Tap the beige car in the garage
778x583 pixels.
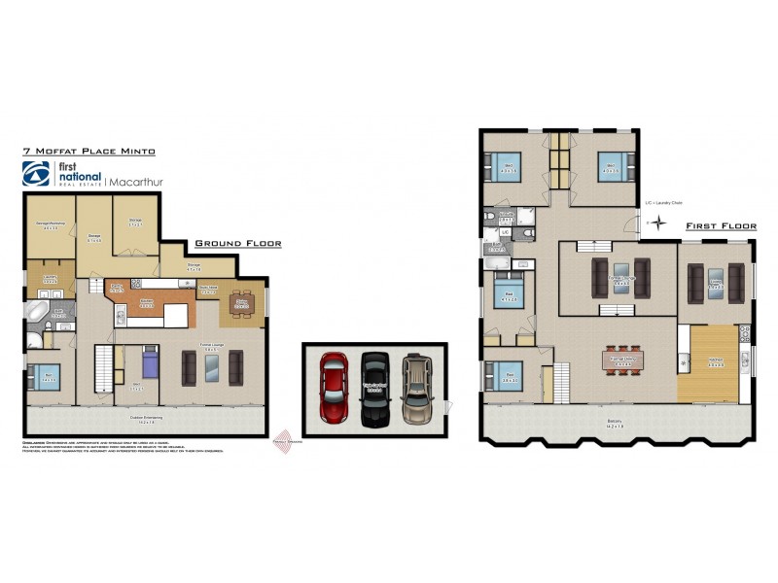(x=417, y=386)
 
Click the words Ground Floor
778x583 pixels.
(x=238, y=244)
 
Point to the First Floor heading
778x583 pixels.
(x=721, y=225)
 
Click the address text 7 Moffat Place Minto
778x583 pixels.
(x=88, y=152)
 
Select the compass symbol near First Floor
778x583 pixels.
(x=657, y=223)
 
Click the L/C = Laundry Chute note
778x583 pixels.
(x=663, y=203)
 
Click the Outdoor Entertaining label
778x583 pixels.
(x=143, y=419)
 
